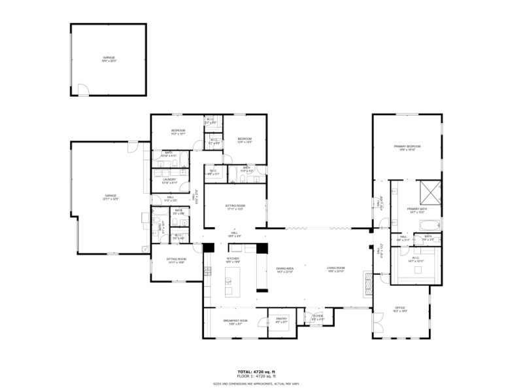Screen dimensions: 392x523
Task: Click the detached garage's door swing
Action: click(83, 90)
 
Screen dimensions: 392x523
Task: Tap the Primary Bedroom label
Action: click(407, 147)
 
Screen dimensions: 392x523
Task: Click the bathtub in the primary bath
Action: click(426, 224)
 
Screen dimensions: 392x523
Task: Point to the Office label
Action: click(400, 308)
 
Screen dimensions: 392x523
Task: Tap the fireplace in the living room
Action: click(367, 279)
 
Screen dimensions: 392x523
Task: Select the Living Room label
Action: click(336, 268)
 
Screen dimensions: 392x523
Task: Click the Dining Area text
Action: click(284, 268)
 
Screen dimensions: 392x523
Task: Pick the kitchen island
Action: click(228, 285)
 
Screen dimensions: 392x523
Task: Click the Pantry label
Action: click(282, 320)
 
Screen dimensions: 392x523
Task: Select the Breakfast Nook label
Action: click(234, 321)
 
